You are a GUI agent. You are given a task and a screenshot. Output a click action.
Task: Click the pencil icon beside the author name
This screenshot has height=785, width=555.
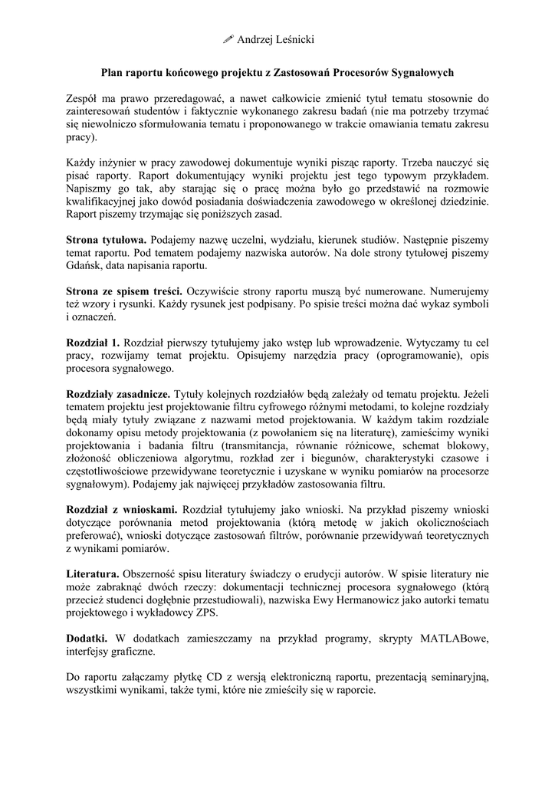coord(228,39)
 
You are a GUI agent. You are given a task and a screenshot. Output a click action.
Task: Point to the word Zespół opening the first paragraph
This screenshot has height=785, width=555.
coord(84,98)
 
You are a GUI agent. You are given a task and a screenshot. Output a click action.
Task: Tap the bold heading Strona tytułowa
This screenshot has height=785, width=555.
coord(106,240)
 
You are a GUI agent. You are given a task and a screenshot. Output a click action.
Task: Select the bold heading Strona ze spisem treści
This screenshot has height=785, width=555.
coord(123,291)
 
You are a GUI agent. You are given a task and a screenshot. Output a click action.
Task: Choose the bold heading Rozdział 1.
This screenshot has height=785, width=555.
coord(93,343)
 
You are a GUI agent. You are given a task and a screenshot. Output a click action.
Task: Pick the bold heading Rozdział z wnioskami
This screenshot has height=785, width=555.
coord(122,510)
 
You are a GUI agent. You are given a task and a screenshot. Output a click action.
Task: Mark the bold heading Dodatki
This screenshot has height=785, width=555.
coord(87,638)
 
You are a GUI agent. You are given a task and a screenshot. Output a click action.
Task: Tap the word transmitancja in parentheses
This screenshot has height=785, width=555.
coord(262,445)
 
